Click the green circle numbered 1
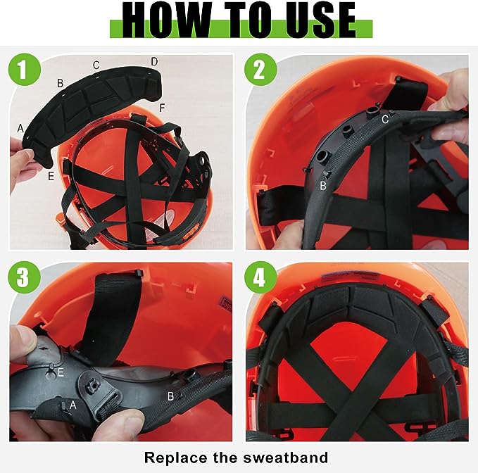25,69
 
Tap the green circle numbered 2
260,69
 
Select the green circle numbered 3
25,277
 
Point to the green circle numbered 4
260,277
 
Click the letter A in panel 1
20,128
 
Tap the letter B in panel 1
61,83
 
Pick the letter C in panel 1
96,65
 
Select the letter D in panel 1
155,61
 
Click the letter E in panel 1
51,176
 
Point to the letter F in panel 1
162,108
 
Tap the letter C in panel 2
385,119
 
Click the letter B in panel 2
323,185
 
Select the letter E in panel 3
61,372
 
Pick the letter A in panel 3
73,405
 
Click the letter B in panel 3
170,396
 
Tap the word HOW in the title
166,20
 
